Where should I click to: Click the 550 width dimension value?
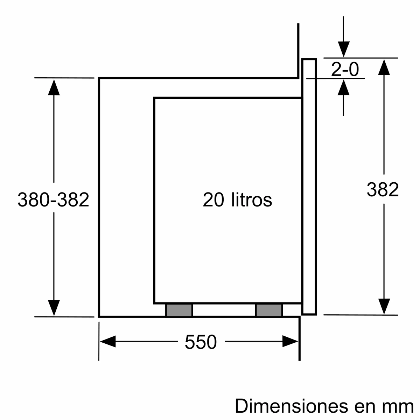[201, 342]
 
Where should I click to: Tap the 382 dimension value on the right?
[383, 189]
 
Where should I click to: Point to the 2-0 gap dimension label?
[345, 70]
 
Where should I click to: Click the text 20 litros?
[237, 200]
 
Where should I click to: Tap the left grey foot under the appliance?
[179, 310]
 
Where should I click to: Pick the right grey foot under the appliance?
[269, 310]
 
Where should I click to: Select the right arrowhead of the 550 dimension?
[290, 341]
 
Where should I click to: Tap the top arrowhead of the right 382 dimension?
[384, 67]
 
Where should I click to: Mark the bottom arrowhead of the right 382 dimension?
[384, 306]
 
